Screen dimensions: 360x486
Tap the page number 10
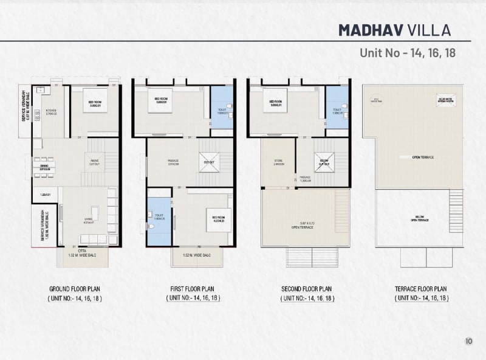click(468, 341)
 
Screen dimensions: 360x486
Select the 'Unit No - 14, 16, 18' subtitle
click(408, 52)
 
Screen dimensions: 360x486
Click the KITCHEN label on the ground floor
click(51, 111)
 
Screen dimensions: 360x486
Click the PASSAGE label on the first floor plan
click(173, 162)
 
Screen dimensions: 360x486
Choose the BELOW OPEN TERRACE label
click(419, 219)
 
